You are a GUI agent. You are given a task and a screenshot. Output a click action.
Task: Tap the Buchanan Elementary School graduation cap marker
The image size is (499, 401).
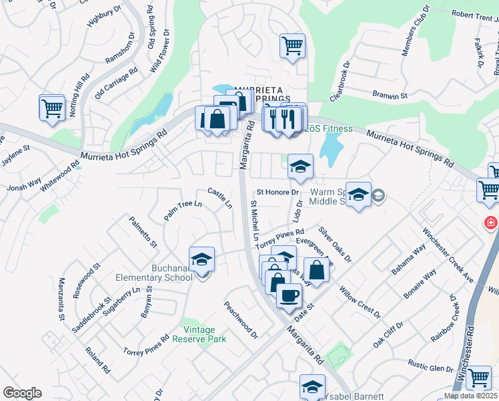202,259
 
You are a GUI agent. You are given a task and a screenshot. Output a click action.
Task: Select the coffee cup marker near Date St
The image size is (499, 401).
289,295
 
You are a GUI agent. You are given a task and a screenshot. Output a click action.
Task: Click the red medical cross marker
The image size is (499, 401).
492,223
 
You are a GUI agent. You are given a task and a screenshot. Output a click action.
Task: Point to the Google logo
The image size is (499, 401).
22,392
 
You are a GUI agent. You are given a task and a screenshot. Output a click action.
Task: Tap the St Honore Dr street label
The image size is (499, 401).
278,192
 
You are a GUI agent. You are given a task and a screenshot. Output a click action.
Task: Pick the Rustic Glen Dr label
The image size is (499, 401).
431,368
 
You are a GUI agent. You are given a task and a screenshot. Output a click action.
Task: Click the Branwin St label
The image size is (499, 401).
390,96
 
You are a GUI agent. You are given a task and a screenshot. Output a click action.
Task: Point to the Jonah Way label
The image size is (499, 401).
24,184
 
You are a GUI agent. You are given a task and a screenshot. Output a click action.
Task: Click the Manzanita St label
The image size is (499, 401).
61,299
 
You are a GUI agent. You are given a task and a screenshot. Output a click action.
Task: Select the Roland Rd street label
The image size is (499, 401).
98,359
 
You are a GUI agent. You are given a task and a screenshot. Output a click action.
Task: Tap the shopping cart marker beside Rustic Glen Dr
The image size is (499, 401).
478,378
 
